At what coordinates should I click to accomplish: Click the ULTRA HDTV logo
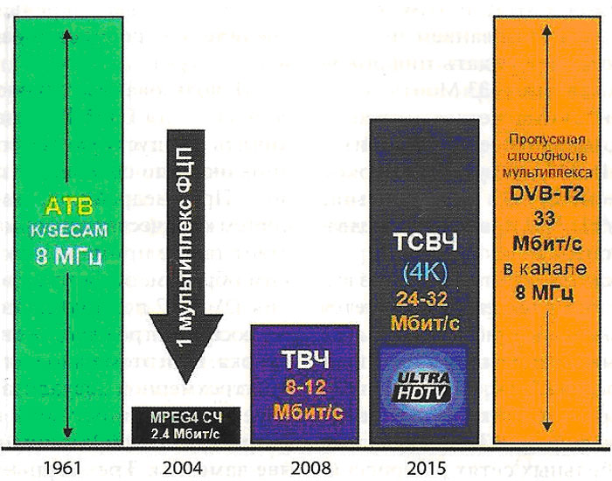[x=423, y=377]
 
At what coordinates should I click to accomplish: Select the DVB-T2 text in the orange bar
[x=546, y=198]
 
